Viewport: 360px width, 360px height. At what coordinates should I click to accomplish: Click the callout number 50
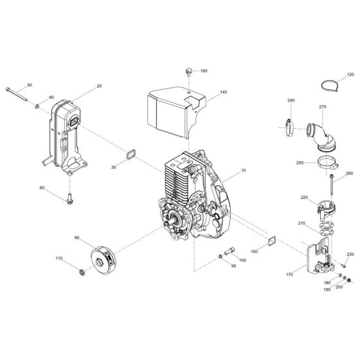(x=29, y=85)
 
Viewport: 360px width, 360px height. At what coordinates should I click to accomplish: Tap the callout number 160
(x=204, y=71)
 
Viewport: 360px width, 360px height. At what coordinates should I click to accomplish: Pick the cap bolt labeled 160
(x=188, y=71)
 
